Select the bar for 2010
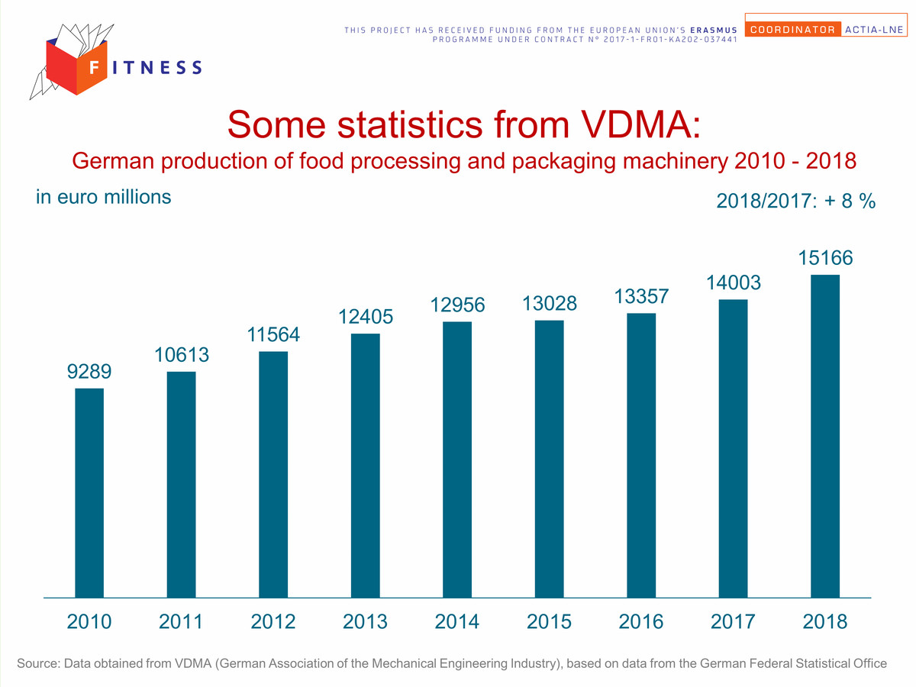(x=89, y=493)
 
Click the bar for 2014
(x=457, y=460)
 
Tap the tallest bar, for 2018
(x=825, y=437)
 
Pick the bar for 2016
(x=641, y=456)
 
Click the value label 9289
(x=89, y=371)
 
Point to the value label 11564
(x=273, y=334)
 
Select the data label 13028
(x=549, y=303)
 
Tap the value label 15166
(x=825, y=258)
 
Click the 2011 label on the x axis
(x=181, y=621)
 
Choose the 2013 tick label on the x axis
(x=365, y=621)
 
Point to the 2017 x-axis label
(x=733, y=621)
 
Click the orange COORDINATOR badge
(x=793, y=29)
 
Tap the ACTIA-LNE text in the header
(x=874, y=30)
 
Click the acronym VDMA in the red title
(x=641, y=124)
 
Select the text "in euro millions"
(x=104, y=197)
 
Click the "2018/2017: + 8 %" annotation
(x=796, y=201)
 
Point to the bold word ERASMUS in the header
(x=714, y=30)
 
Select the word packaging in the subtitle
(x=564, y=162)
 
